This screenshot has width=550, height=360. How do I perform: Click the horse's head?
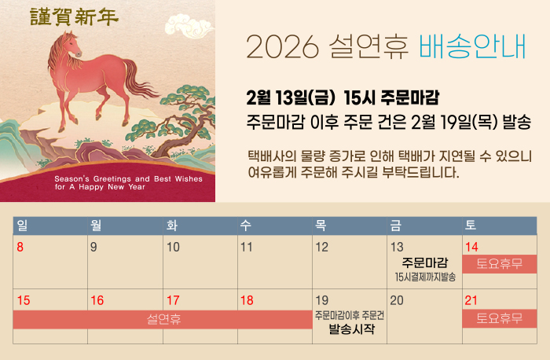pyautogui.click(x=71, y=45)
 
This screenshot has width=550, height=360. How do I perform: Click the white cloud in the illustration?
pyautogui.click(x=189, y=26)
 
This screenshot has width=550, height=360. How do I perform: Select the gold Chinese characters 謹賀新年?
pyautogui.click(x=74, y=17)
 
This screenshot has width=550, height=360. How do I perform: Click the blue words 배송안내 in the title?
pyautogui.click(x=472, y=46)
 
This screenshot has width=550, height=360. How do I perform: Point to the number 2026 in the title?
pyautogui.click(x=282, y=47)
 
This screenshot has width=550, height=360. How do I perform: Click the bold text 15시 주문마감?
pyautogui.click(x=391, y=97)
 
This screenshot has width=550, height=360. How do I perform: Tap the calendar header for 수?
pyautogui.click(x=245, y=225)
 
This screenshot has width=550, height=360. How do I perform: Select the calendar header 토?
pyautogui.click(x=471, y=225)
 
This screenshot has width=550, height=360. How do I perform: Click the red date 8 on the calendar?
pyautogui.click(x=20, y=247)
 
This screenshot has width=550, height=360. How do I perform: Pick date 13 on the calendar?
pyautogui.click(x=397, y=247)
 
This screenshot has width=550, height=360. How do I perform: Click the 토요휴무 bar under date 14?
pyautogui.click(x=499, y=264)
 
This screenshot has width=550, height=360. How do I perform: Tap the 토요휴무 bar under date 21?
pyautogui.click(x=499, y=318)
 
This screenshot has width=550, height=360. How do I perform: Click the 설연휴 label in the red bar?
pyautogui.click(x=163, y=319)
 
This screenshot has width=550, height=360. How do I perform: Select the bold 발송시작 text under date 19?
pyautogui.click(x=351, y=329)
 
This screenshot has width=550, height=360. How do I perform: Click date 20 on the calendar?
pyautogui.click(x=397, y=300)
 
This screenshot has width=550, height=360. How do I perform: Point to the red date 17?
pyautogui.click(x=173, y=300)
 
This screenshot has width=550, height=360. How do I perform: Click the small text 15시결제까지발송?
pyautogui.click(x=425, y=277)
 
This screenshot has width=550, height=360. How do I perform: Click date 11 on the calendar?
pyautogui.click(x=247, y=247)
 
